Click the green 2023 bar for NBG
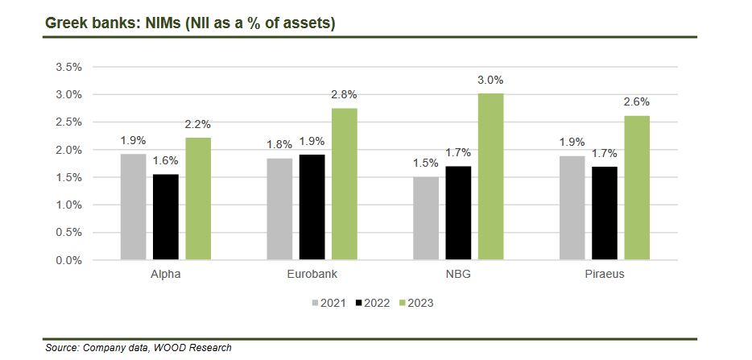(490, 176)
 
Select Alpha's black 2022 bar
(166, 217)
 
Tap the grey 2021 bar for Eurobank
(279, 209)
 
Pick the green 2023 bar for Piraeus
(636, 188)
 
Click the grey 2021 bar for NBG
(425, 218)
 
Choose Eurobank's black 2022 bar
(312, 207)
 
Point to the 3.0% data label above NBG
(490, 80)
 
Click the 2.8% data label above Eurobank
(345, 95)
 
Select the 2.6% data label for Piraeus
(636, 102)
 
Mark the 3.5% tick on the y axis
(68, 67)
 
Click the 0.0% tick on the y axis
(68, 260)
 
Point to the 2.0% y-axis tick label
(68, 150)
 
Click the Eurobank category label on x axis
(312, 275)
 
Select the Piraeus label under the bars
(605, 275)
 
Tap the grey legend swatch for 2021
(316, 304)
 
